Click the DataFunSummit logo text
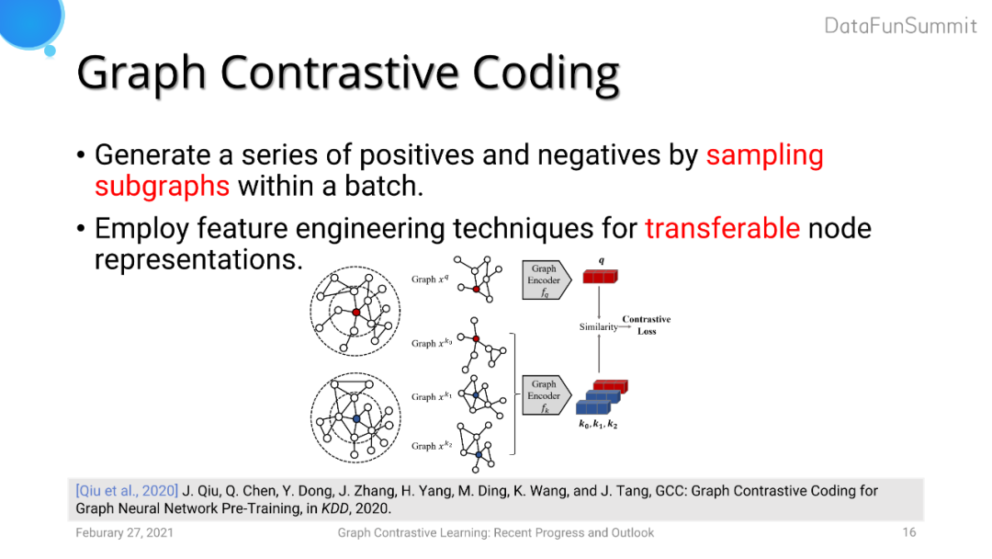pyautogui.click(x=900, y=26)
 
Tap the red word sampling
pyautogui.click(x=765, y=155)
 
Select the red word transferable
pyautogui.click(x=723, y=228)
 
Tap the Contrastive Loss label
pyautogui.click(x=647, y=325)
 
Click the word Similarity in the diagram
pyautogui.click(x=599, y=326)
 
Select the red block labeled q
pyautogui.click(x=600, y=277)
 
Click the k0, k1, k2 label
pyautogui.click(x=598, y=424)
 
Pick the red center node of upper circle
pyautogui.click(x=356, y=312)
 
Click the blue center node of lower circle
pyautogui.click(x=356, y=419)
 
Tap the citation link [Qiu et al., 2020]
pyautogui.click(x=127, y=491)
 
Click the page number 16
pyautogui.click(x=909, y=532)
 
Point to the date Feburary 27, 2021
pyautogui.click(x=125, y=533)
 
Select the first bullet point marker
pyautogui.click(x=80, y=155)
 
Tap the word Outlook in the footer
pyautogui.click(x=632, y=533)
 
